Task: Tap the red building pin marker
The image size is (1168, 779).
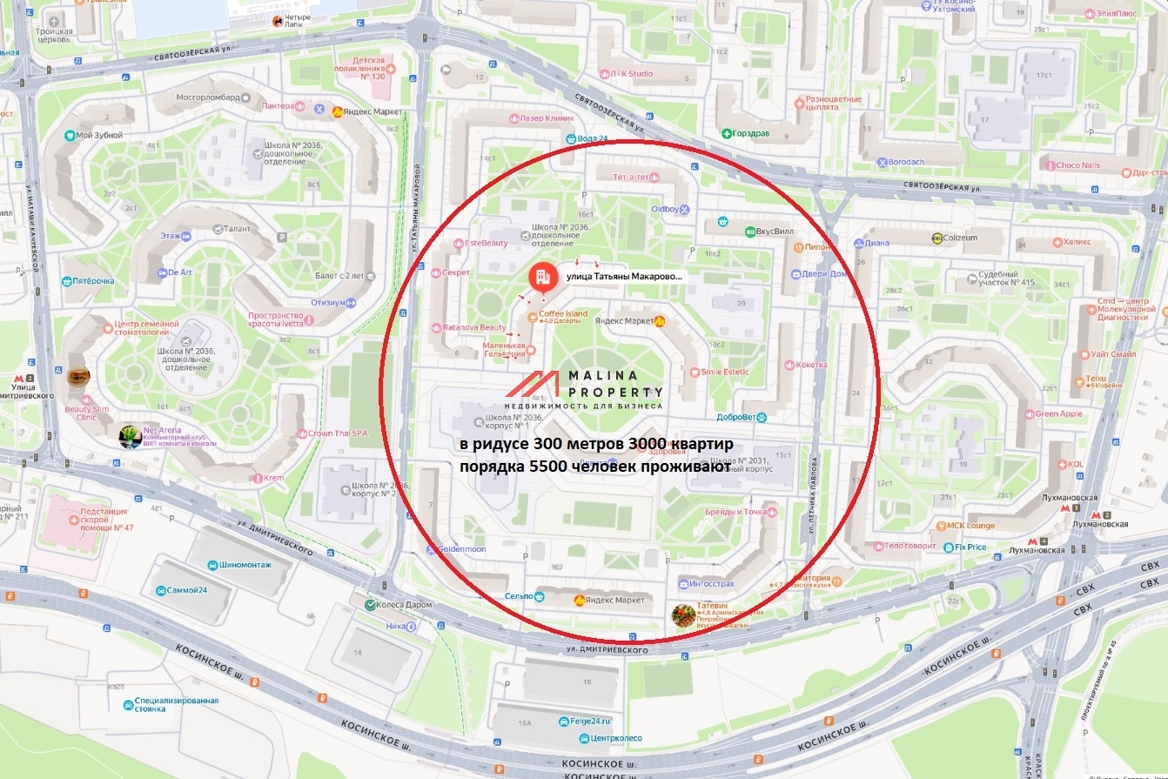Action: (542, 277)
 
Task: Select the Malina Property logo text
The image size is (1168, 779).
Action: (614, 384)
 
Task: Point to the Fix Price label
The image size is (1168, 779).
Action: (970, 547)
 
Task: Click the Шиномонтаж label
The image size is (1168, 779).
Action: (245, 565)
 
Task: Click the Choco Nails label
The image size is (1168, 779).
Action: (1078, 165)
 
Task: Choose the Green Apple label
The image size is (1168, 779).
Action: (1058, 414)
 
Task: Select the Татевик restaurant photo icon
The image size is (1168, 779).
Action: (683, 614)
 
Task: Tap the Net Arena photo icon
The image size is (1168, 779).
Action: (131, 436)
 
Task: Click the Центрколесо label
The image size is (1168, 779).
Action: (615, 738)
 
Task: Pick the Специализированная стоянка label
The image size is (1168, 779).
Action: (177, 704)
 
